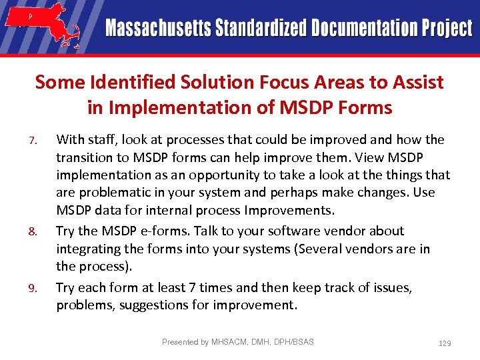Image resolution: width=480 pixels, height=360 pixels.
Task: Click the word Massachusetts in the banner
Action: (157, 28)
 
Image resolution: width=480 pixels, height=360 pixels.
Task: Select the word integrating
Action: (87, 249)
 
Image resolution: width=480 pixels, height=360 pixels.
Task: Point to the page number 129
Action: (445, 343)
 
